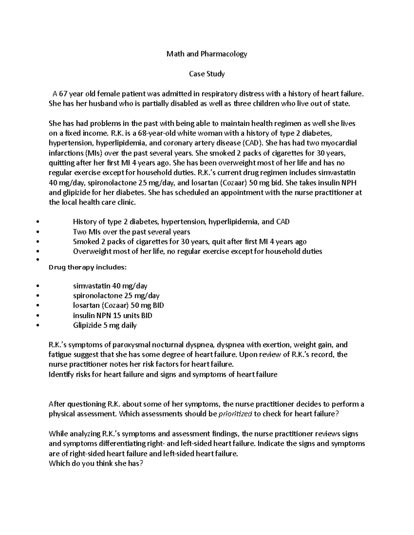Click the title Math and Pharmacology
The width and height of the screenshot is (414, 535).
coord(207,54)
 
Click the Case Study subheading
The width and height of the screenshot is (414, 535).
coord(207,74)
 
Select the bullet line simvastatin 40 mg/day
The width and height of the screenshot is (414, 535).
coord(110,286)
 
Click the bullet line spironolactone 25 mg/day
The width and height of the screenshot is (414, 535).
coord(116,296)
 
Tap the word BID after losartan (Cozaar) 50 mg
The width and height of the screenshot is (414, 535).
coord(158,306)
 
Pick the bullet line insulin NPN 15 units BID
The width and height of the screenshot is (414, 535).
coord(112,316)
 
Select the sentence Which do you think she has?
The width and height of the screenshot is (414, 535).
coord(96,464)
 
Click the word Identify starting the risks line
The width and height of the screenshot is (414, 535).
coord(61,374)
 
